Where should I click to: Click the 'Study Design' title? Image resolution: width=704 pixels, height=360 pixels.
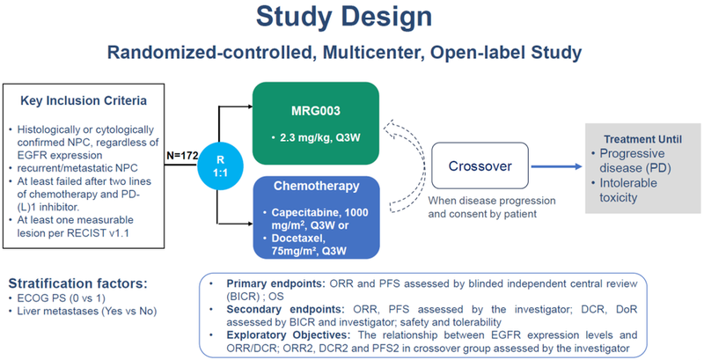pyautogui.click(x=351, y=18)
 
